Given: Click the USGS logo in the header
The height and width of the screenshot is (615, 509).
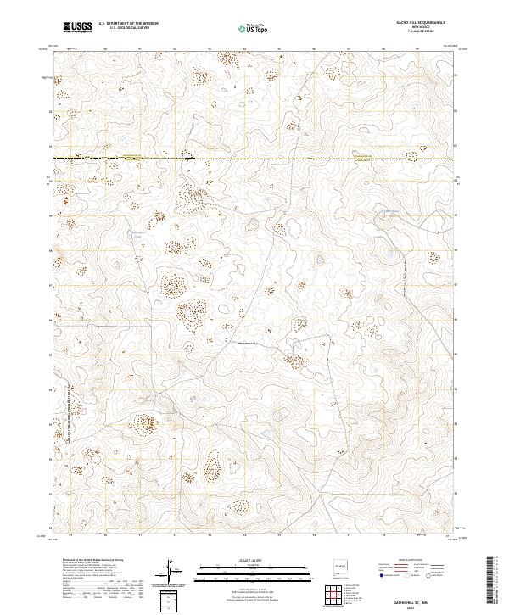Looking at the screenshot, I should pos(78,28).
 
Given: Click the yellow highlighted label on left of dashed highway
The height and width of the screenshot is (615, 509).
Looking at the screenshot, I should pos(131,158).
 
